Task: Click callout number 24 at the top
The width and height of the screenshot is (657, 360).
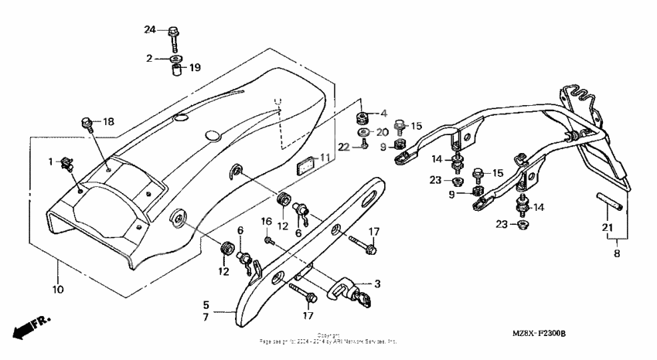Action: pos(150,30)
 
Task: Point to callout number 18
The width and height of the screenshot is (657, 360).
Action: pos(108,122)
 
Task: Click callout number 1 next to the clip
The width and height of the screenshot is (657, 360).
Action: pos(51,161)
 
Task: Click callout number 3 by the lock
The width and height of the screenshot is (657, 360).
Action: pos(378,284)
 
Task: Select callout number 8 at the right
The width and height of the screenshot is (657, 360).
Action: pos(616,251)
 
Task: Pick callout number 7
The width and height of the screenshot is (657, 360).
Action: pos(206,317)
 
